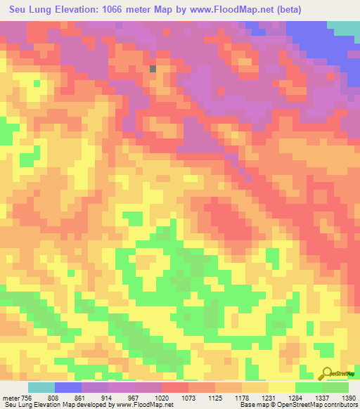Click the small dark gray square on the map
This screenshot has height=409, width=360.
153,69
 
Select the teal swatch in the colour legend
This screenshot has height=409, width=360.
41,387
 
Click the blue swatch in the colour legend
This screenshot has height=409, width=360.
68,387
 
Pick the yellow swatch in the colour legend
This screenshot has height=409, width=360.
282,387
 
